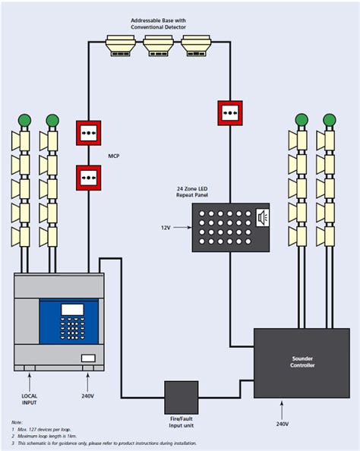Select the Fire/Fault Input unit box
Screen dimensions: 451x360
pyautogui.click(x=182, y=398)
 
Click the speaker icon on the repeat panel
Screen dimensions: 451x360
pyautogui.click(x=263, y=218)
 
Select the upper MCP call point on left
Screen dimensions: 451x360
pyautogui.click(x=88, y=132)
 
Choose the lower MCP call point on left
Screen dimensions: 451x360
pyautogui.click(x=88, y=177)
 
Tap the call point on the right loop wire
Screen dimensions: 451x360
pyautogui.click(x=229, y=112)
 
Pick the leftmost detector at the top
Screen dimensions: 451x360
pyautogui.click(x=121, y=45)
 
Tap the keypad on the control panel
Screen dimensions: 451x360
pyautogui.click(x=74, y=333)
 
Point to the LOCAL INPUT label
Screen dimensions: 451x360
pyautogui.click(x=30, y=396)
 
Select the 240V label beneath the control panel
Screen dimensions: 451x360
pyautogui.click(x=87, y=396)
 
